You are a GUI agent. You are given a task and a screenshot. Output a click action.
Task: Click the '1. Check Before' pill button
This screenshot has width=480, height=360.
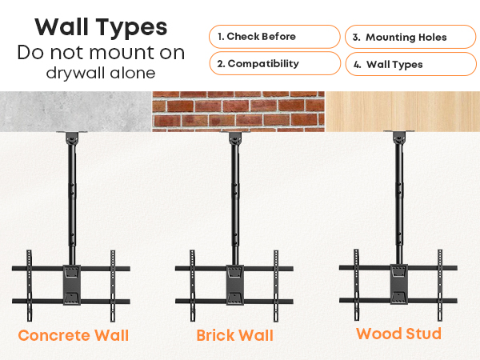[274, 37]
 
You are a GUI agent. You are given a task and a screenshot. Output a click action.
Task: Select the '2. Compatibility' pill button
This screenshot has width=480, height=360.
[275, 63]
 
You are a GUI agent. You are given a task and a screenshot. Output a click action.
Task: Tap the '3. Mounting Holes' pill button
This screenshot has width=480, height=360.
[411, 37]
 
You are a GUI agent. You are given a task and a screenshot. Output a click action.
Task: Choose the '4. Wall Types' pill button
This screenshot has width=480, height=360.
[411, 64]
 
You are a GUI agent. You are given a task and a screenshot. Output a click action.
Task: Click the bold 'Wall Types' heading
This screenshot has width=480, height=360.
[101, 27]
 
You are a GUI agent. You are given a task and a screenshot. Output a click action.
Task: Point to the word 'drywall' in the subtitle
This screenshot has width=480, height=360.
[76, 73]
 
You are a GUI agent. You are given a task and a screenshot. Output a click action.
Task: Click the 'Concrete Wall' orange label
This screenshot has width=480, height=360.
[74, 335]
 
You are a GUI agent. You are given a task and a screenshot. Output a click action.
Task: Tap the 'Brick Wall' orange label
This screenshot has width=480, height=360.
[234, 335]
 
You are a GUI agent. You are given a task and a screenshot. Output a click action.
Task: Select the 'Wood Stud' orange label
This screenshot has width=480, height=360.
[399, 334]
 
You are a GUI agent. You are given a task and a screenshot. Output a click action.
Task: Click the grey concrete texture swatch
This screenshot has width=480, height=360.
[76, 111]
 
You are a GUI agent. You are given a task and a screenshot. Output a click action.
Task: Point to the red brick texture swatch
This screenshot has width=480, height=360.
[238, 111]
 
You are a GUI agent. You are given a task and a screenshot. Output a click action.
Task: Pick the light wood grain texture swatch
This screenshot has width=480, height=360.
[402, 111]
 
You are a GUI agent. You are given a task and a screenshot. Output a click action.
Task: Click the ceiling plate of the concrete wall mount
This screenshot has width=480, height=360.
[72, 132]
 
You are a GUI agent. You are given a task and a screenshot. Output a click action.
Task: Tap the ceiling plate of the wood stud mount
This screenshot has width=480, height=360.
[399, 132]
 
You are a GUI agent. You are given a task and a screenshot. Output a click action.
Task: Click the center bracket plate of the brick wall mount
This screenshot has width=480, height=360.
[235, 285]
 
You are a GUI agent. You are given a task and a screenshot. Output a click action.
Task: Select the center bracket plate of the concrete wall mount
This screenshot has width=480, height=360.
[72, 285]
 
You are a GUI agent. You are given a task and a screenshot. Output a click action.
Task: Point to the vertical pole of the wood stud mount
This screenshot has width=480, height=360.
[399, 199]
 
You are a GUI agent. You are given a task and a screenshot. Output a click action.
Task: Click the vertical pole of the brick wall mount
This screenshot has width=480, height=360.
[235, 199]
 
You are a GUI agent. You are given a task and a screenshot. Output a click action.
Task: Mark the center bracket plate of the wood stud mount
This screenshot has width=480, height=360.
[399, 284]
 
